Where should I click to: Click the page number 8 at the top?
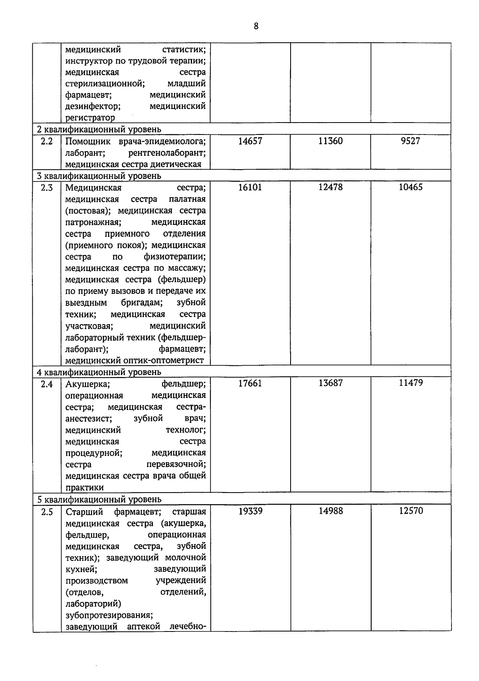(256, 26)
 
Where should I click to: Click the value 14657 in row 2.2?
(250, 141)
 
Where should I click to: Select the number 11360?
(331, 141)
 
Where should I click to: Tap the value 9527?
(411, 141)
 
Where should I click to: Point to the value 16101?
(250, 187)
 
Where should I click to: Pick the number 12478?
(331, 187)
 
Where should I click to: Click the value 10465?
(411, 187)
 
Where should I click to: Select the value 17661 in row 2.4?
(250, 383)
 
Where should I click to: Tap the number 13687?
(331, 383)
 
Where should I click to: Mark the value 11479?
(411, 383)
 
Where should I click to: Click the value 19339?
(250, 511)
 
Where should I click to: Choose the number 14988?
(331, 511)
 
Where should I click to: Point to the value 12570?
(411, 511)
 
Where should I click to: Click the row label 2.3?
(47, 188)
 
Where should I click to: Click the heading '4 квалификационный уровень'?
(99, 372)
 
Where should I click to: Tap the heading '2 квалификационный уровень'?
(99, 129)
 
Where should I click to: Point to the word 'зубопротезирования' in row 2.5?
(109, 615)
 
